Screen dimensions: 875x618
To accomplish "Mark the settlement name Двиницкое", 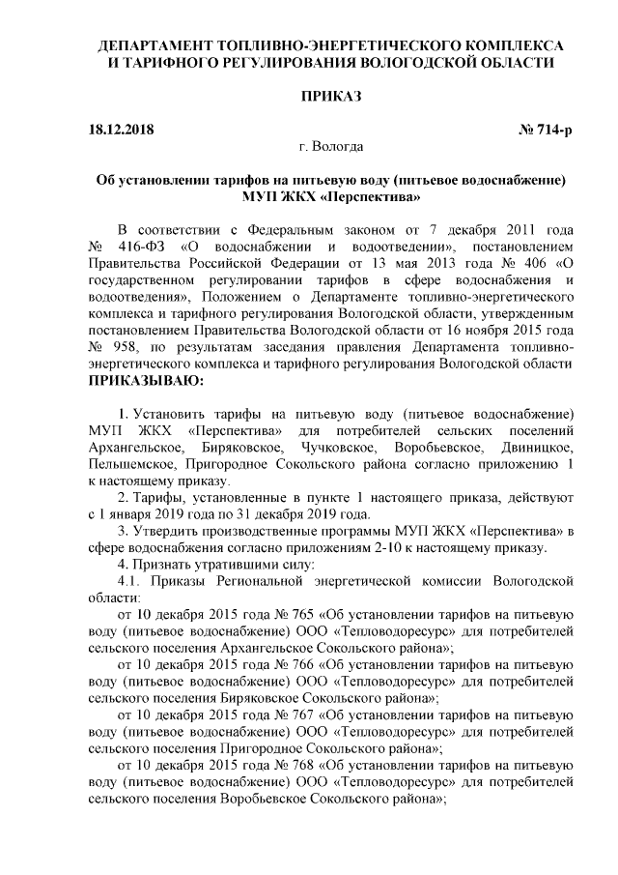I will (537, 450).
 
